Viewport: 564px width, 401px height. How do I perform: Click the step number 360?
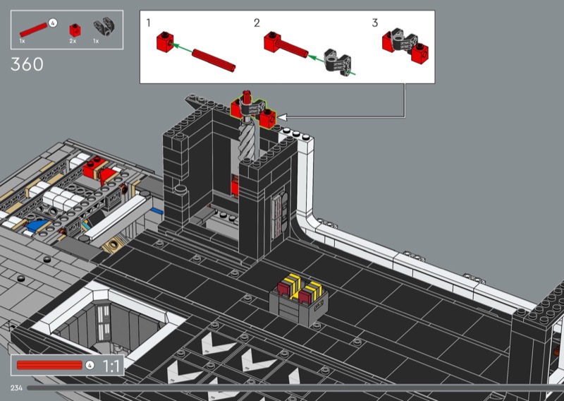pos(27,64)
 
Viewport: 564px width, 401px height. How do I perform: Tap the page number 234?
pos(16,388)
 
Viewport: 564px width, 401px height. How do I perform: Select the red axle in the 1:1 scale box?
pos(49,365)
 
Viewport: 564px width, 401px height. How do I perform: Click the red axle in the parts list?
pos(33,30)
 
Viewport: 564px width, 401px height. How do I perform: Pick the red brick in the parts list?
pos(75,30)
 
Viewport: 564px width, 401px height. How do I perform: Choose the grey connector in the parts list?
pos(104,27)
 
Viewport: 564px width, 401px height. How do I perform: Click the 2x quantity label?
pos(73,41)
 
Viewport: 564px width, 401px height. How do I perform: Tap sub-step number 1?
pos(148,23)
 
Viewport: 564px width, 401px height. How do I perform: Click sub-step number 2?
pos(257,23)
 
